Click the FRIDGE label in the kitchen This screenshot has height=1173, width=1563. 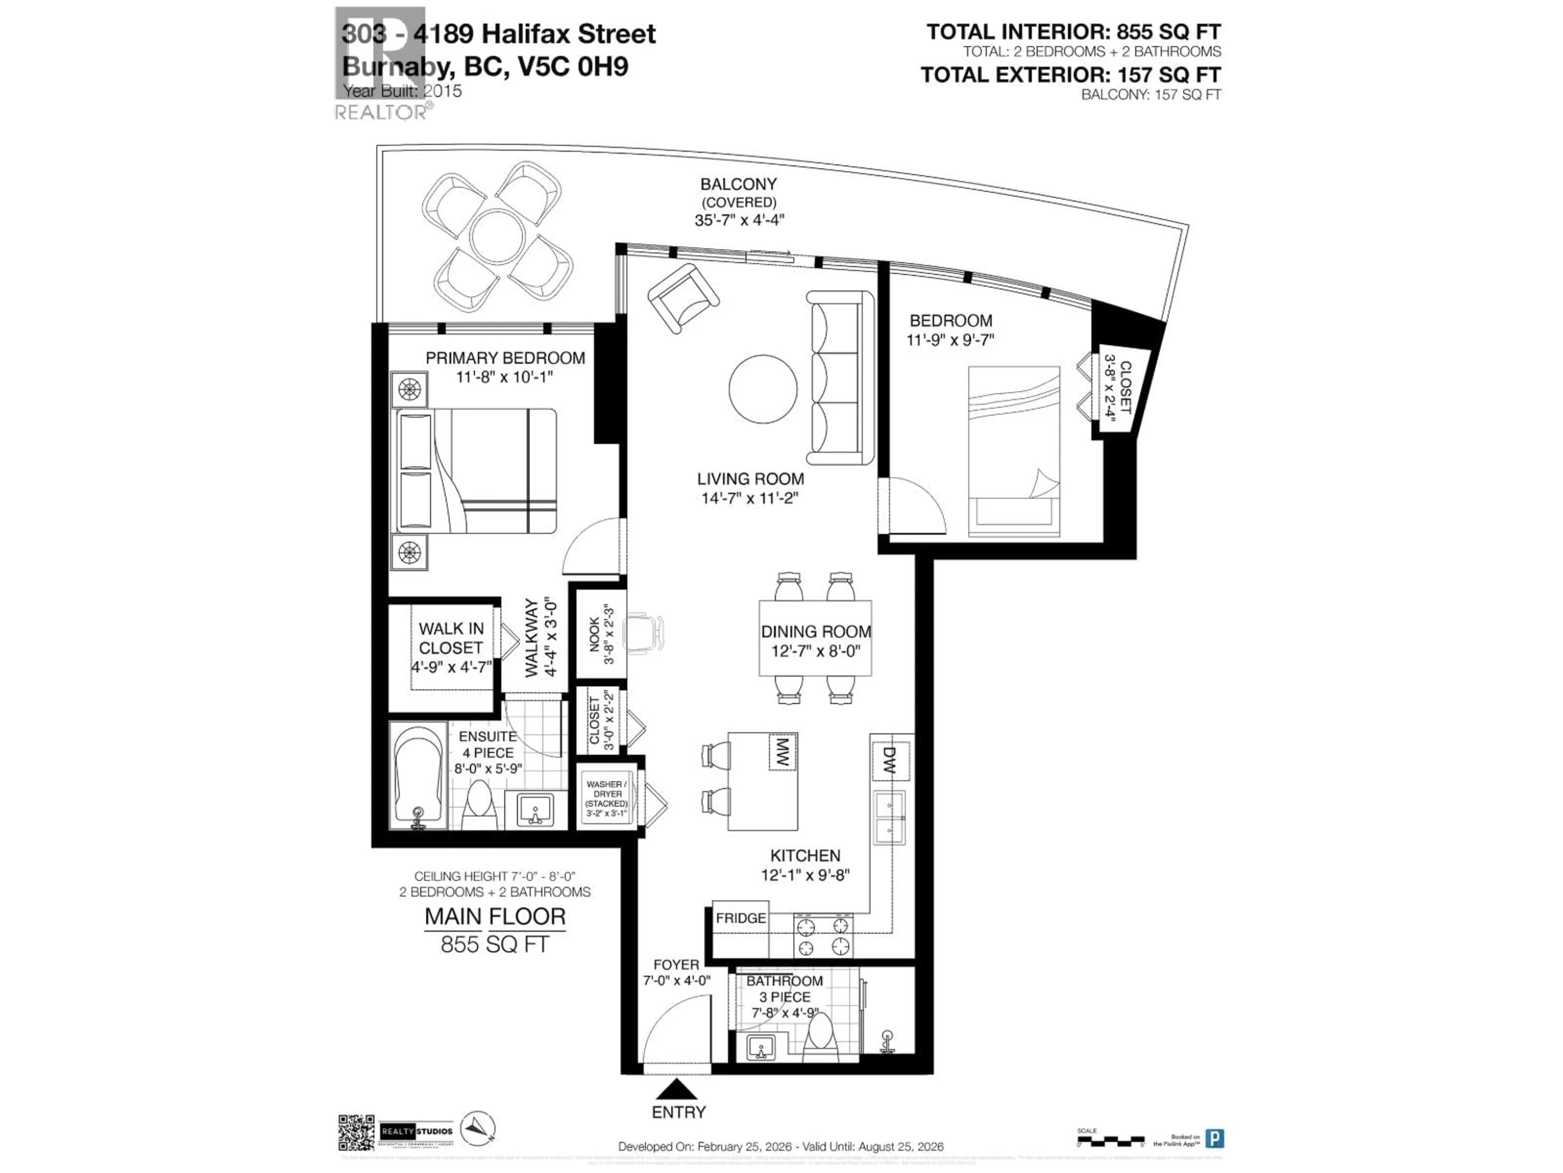pos(740,918)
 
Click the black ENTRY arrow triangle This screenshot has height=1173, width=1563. pos(676,1089)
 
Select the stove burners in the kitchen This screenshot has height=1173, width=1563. pos(823,936)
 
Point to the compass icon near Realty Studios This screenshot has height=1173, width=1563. pos(478,1129)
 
